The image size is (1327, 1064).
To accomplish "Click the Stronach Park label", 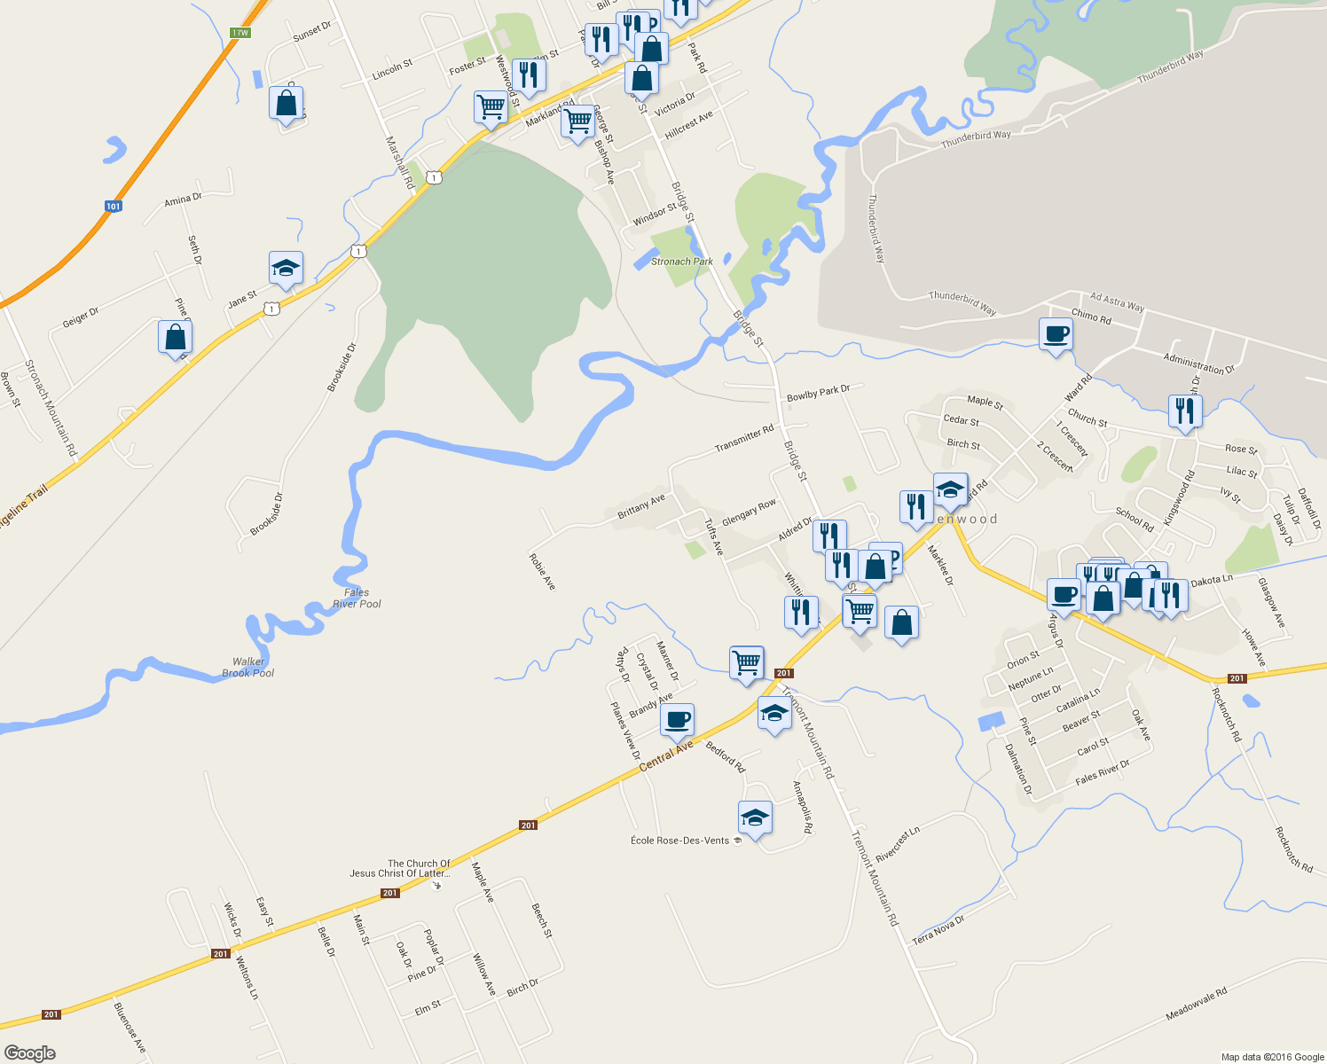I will click(682, 262).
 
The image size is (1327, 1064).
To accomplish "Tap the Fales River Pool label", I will click(357, 598).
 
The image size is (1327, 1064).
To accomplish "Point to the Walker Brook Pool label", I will click(248, 668).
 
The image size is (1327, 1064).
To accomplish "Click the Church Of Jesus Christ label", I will click(400, 868).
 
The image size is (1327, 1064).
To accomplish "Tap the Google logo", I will click(29, 1053).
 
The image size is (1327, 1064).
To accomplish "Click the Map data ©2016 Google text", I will click(1272, 1057).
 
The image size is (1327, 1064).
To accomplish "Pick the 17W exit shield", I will click(239, 33).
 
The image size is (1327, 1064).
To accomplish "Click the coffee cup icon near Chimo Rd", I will click(1056, 335).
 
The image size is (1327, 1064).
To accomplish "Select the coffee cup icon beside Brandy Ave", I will click(677, 720).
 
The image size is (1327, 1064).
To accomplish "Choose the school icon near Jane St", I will click(286, 268).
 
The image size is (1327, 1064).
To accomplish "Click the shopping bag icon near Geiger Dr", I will click(175, 337).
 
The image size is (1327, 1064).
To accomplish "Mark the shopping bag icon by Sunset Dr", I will click(286, 103).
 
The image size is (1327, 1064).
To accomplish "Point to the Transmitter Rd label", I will click(744, 438).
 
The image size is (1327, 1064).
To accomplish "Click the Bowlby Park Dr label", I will click(818, 393).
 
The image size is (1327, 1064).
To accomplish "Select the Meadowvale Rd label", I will click(1196, 1004).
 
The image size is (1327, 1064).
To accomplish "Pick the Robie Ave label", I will click(542, 572).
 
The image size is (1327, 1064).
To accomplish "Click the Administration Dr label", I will click(1198, 363).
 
